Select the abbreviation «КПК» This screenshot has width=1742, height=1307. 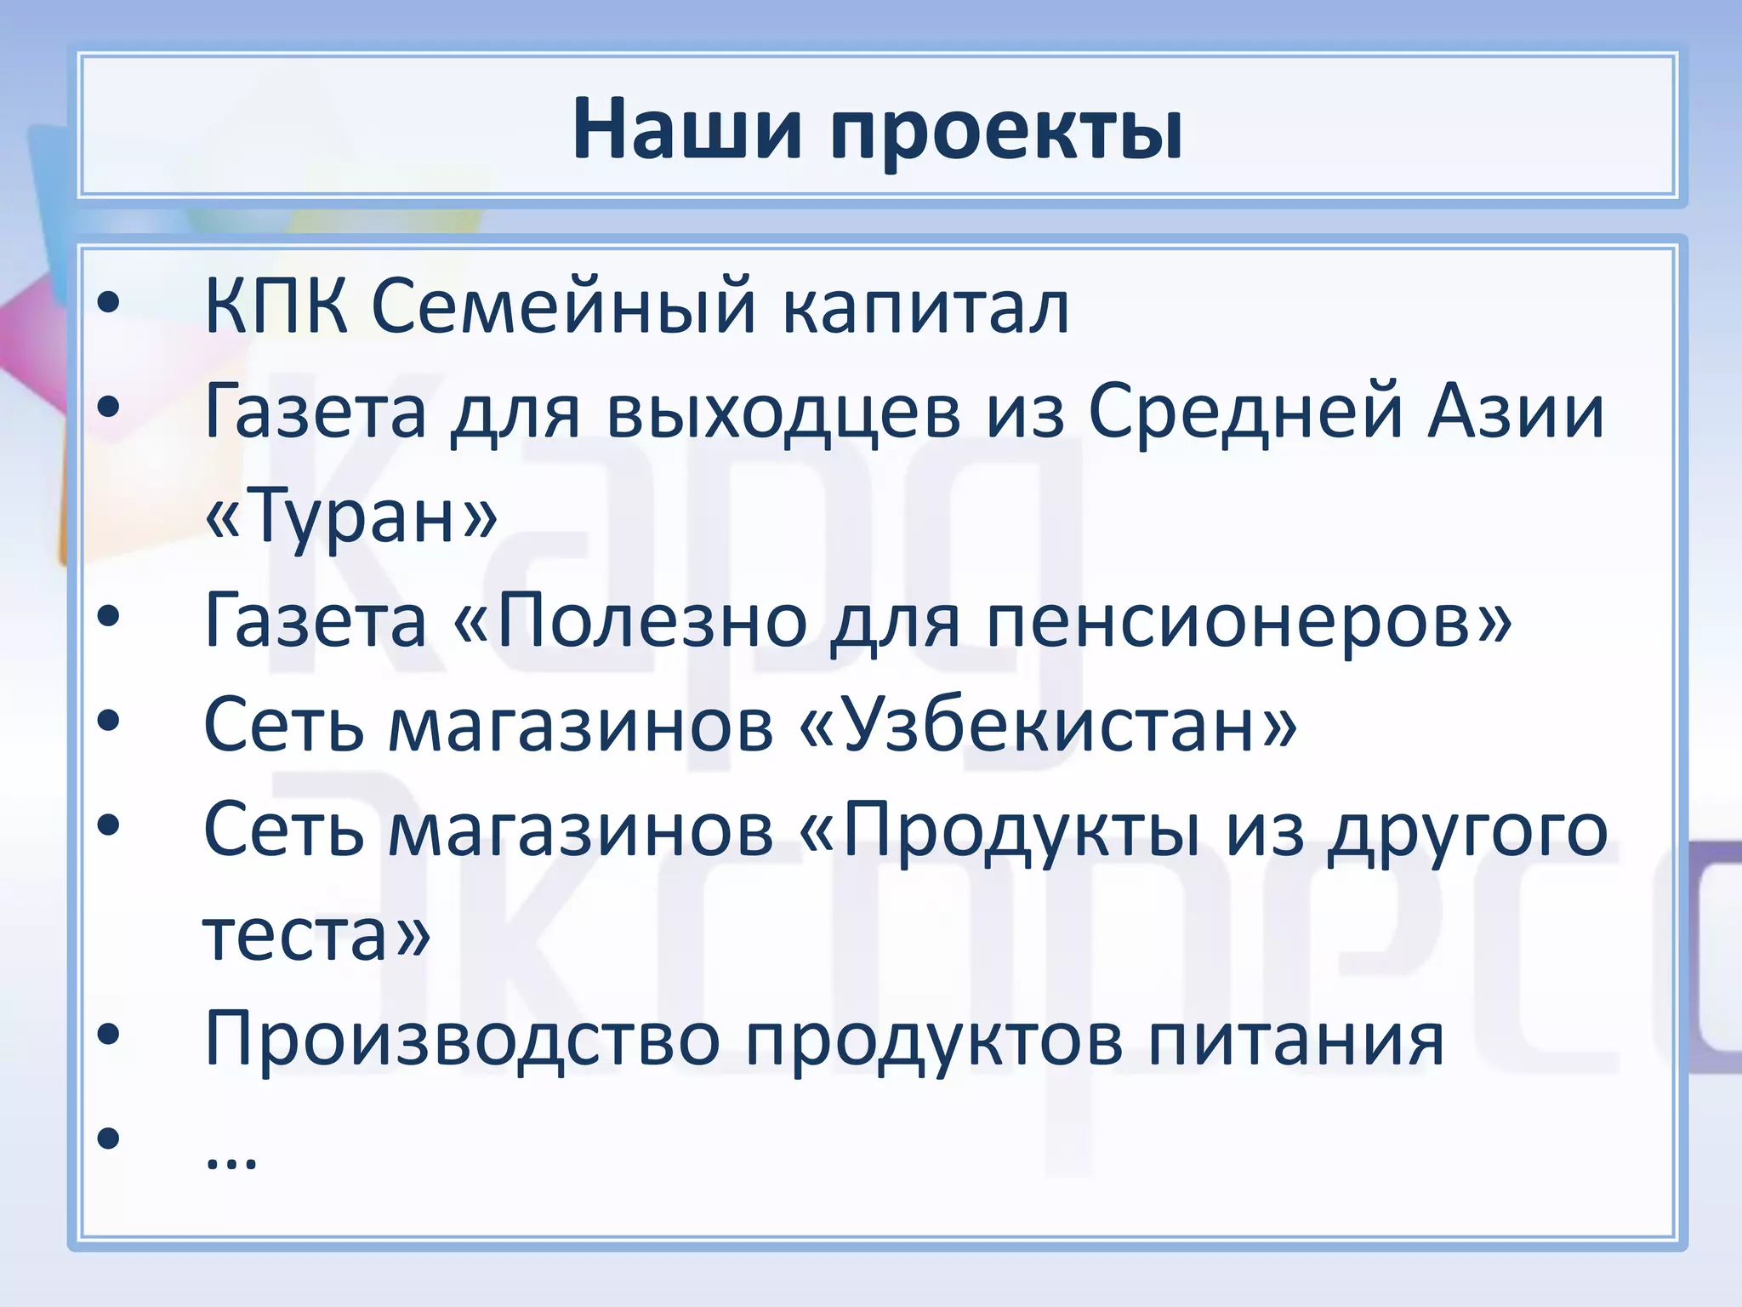click(x=276, y=306)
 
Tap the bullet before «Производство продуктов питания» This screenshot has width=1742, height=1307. click(x=108, y=1034)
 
